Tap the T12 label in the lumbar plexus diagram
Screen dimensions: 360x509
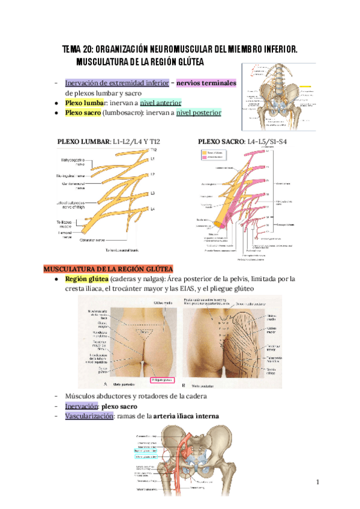click(x=154, y=149)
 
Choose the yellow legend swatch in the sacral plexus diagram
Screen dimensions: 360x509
click(x=204, y=152)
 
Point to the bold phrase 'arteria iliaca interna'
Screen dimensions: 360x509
click(x=186, y=416)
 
